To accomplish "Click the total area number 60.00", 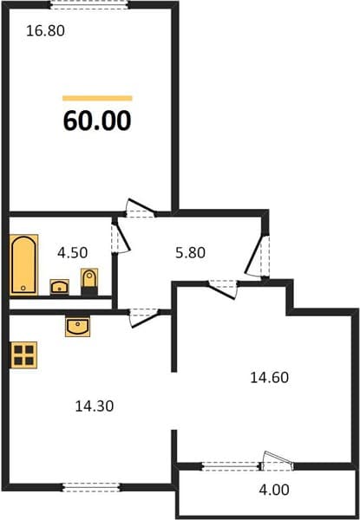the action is click(x=97, y=120).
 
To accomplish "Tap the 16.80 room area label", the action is click(x=45, y=31).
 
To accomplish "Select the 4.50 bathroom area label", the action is click(x=72, y=253).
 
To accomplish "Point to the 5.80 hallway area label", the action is click(x=190, y=253).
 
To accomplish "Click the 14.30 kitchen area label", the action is click(x=95, y=406).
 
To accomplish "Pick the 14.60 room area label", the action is click(x=270, y=378).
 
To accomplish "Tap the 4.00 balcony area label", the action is click(x=274, y=490).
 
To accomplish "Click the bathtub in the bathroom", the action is click(x=24, y=264).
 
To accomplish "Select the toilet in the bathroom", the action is click(x=89, y=282).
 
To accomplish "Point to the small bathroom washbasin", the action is click(x=59, y=287).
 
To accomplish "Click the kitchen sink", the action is click(x=78, y=327).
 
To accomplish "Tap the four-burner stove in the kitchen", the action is click(x=24, y=355).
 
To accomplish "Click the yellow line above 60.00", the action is click(x=97, y=98).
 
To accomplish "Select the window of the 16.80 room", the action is click(x=89, y=4).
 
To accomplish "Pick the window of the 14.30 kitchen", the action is click(x=91, y=487).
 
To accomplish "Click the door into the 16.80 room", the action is click(x=140, y=208).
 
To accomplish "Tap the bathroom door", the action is click(x=120, y=238).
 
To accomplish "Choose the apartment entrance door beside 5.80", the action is click(x=259, y=256).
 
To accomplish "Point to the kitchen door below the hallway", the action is click(x=144, y=317).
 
